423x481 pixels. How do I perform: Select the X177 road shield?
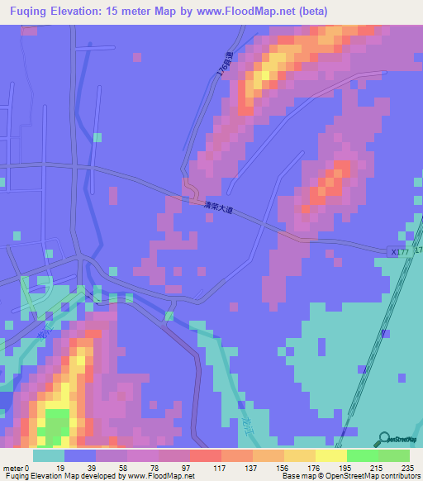(x=400, y=250)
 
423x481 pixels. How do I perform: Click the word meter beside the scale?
(x=14, y=469)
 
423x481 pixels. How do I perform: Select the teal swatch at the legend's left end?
(x=49, y=455)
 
